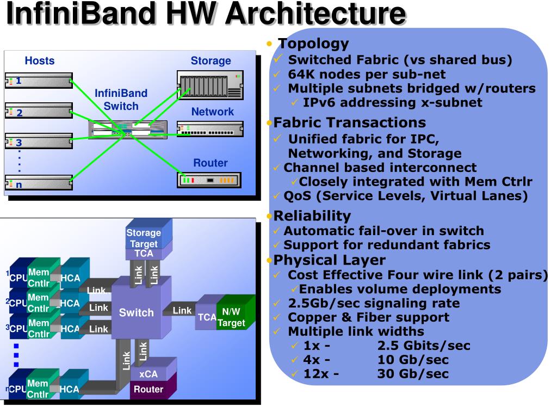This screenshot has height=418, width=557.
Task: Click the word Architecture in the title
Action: click(x=316, y=14)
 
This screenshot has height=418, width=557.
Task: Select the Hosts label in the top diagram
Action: click(x=39, y=61)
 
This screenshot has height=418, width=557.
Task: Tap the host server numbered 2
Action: click(x=39, y=111)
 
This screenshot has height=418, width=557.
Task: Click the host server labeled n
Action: click(x=39, y=182)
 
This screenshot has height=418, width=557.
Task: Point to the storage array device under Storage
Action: click(x=210, y=85)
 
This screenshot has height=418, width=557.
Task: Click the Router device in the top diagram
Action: click(x=209, y=180)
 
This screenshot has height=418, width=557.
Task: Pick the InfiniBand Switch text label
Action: click(x=121, y=100)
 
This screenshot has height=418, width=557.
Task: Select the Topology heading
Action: click(x=313, y=44)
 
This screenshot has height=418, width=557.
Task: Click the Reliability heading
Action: click(x=312, y=216)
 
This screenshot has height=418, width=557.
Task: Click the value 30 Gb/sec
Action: click(x=413, y=373)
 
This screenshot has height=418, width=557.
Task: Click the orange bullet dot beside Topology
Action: click(x=269, y=44)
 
